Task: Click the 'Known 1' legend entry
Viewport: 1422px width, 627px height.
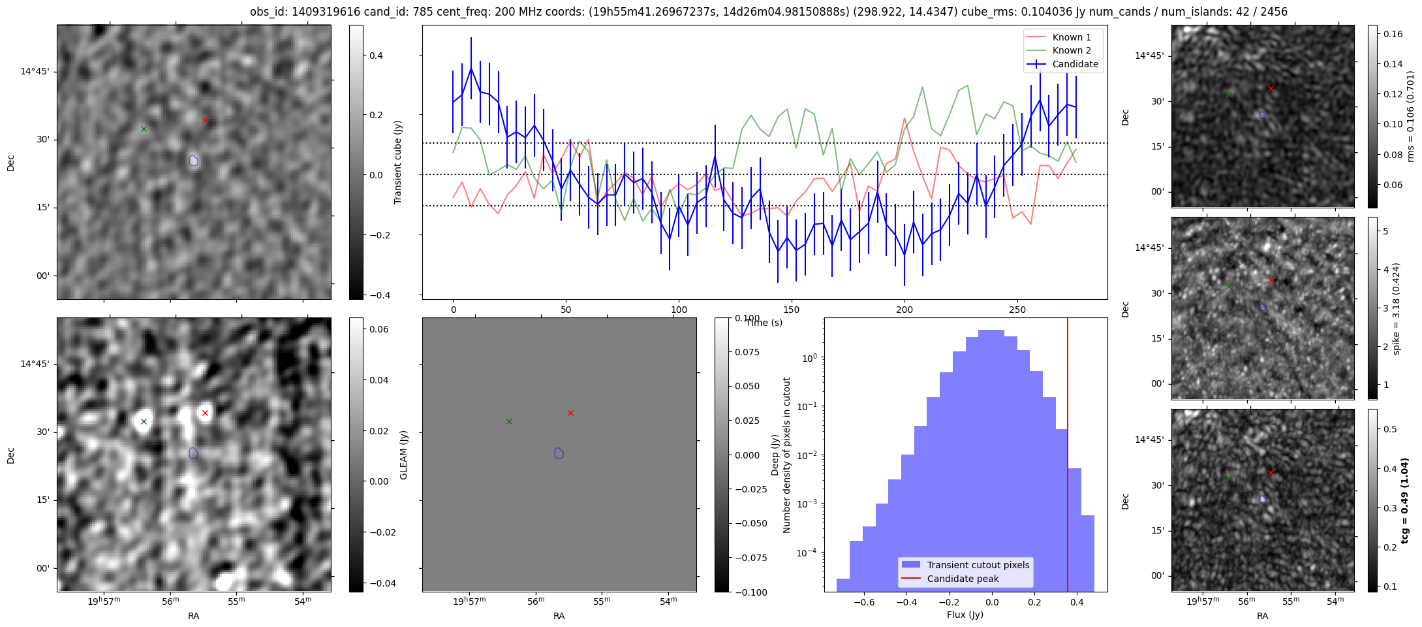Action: pos(1071,37)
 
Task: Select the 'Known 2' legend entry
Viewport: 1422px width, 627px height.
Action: pos(1071,50)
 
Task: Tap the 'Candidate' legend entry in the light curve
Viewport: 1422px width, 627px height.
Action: pos(1075,64)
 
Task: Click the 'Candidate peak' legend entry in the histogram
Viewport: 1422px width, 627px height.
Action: pos(963,579)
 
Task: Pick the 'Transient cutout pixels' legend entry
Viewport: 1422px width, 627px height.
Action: pos(978,565)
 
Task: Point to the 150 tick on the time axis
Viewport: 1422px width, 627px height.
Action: pos(792,309)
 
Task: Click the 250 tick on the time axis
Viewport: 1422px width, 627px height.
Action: pos(1017,309)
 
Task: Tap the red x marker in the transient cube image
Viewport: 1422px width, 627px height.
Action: pos(205,121)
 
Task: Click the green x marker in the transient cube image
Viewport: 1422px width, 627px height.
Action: pos(144,129)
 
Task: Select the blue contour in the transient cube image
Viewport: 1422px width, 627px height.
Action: pos(193,160)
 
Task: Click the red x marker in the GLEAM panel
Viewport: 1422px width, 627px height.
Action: pos(570,413)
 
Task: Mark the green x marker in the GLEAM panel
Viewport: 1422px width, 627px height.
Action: pos(509,421)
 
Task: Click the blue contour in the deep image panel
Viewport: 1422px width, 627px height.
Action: pos(193,453)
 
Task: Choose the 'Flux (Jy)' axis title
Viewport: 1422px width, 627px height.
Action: pos(965,615)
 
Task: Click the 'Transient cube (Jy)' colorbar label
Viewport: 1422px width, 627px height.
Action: pos(397,162)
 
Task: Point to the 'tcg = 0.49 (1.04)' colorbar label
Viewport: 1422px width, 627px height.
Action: pos(1405,500)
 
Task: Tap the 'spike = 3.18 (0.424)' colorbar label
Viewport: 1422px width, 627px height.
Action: pos(1396,308)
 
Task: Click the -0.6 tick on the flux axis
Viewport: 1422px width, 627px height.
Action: pos(864,602)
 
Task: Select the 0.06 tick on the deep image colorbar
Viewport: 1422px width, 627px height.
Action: pos(380,329)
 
